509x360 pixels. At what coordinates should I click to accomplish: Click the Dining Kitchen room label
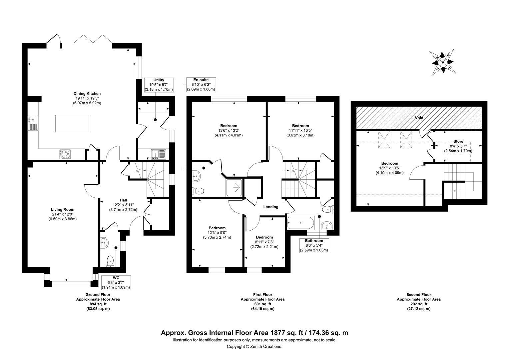coord(87,93)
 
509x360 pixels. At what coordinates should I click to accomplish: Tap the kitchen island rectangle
coord(72,123)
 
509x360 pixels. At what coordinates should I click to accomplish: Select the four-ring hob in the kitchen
coord(65,154)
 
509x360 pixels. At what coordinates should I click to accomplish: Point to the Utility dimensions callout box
coord(159,85)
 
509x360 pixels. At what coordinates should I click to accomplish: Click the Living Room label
coord(63,210)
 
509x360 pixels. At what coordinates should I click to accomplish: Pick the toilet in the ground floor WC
coord(110,261)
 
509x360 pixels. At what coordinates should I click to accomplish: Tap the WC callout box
coord(116,283)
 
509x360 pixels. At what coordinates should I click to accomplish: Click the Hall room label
coord(123,200)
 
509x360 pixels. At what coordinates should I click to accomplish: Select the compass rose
coord(443,62)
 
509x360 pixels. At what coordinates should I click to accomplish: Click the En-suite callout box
coord(201,85)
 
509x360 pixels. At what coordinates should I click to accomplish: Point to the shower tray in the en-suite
coord(234,187)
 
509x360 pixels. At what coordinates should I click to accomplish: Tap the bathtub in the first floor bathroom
coord(300,223)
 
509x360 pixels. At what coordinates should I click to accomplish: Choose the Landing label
coord(271,207)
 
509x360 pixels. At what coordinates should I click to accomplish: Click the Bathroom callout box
coord(314,245)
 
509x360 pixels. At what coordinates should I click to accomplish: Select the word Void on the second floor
coord(419,118)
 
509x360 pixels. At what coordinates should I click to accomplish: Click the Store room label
coord(458,141)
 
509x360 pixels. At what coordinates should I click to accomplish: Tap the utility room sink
coord(159,154)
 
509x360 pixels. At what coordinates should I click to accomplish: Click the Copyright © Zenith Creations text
coord(254,347)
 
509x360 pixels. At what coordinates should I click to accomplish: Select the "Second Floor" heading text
coord(419,295)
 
